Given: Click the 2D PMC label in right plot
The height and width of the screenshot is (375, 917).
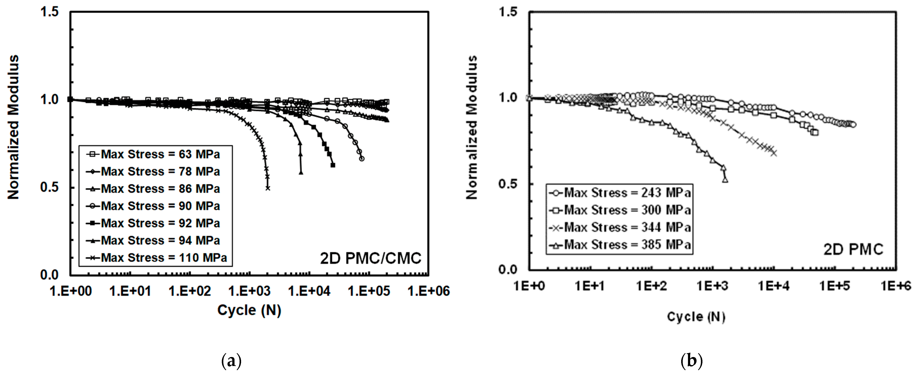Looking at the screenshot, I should pyautogui.click(x=853, y=250).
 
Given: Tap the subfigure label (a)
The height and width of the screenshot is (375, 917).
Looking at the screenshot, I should pyautogui.click(x=231, y=361).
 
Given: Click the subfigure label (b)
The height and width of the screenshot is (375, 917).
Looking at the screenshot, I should pyautogui.click(x=691, y=361).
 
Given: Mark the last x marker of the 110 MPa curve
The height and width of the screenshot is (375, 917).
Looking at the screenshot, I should pyautogui.click(x=268, y=188).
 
